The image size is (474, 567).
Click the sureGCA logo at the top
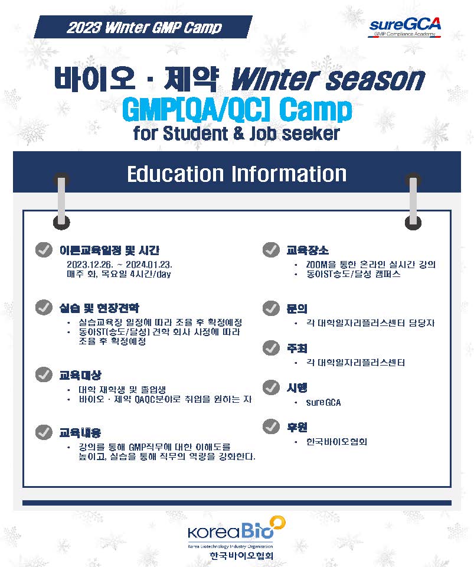(404, 27)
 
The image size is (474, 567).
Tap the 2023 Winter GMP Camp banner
(143, 27)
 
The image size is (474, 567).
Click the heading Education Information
(237, 174)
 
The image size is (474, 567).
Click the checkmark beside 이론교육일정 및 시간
(44, 250)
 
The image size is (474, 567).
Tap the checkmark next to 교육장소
(271, 250)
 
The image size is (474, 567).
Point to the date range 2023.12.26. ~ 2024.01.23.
(119, 265)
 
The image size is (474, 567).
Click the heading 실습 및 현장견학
(99, 308)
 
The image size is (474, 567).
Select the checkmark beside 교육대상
(44, 374)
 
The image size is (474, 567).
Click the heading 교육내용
(80, 432)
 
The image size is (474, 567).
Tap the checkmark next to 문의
(271, 308)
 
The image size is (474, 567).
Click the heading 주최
(296, 348)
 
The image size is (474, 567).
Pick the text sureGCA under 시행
(323, 402)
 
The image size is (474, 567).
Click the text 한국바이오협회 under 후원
(336, 442)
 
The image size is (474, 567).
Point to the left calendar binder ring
(61, 201)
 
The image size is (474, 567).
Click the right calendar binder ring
(413, 201)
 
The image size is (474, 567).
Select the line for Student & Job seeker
(236, 133)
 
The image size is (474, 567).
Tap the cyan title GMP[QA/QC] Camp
(237, 110)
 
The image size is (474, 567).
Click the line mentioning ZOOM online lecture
(371, 265)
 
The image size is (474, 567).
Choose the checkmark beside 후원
(271, 426)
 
